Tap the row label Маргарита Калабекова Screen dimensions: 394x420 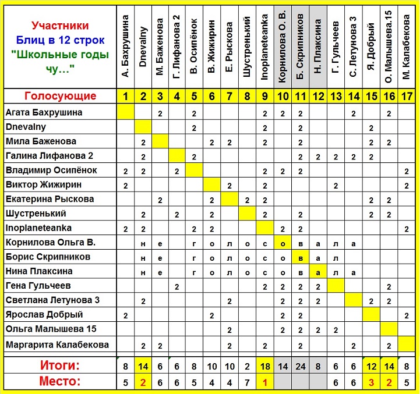pyautogui.click(x=57, y=345)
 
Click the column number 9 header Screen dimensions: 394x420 pyautogui.click(x=265, y=96)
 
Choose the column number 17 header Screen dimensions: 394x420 pyautogui.click(x=406, y=96)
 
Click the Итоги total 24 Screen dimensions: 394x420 pyautogui.click(x=300, y=367)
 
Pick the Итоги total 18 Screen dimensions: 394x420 pyautogui.click(x=265, y=367)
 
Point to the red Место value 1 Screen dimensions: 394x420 pyautogui.click(x=265, y=383)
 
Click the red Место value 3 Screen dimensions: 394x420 pyautogui.click(x=370, y=383)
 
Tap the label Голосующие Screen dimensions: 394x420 pyautogui.click(x=60, y=96)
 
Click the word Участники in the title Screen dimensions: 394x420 pyautogui.click(x=61, y=26)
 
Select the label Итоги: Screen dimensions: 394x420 pyautogui.click(x=60, y=366)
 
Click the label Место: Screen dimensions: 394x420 pyautogui.click(x=60, y=382)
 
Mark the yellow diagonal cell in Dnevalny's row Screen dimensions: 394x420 pyautogui.click(x=143, y=127)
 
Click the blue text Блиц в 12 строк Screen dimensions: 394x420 pyautogui.click(x=61, y=41)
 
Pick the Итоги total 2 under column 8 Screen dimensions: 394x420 pyautogui.click(x=248, y=367)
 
